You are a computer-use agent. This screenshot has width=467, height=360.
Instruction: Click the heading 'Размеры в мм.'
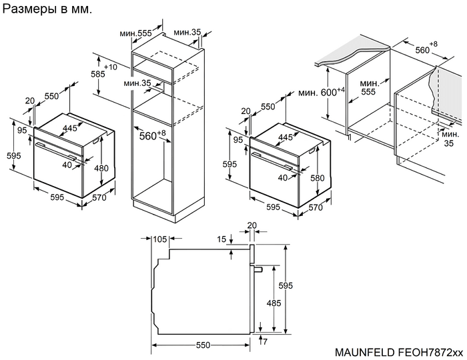(x=48, y=11)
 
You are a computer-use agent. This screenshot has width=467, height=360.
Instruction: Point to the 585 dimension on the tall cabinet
(x=98, y=74)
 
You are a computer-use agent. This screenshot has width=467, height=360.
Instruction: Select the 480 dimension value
(x=101, y=168)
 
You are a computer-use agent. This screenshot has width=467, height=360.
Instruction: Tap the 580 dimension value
(x=317, y=178)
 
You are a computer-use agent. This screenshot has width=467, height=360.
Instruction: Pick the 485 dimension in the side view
(x=273, y=303)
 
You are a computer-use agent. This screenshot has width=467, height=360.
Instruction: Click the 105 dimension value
(x=159, y=239)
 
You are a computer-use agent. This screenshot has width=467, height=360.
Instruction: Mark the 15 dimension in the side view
(x=221, y=239)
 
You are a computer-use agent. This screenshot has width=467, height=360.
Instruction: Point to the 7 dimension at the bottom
(x=265, y=341)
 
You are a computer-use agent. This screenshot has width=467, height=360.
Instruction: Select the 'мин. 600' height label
(x=320, y=93)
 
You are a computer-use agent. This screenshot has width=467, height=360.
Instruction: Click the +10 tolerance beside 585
(x=111, y=67)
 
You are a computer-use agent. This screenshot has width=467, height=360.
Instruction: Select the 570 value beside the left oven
(x=99, y=197)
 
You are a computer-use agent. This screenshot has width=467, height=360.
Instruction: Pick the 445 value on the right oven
(x=286, y=137)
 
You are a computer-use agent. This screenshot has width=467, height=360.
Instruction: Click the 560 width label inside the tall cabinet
(x=150, y=137)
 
